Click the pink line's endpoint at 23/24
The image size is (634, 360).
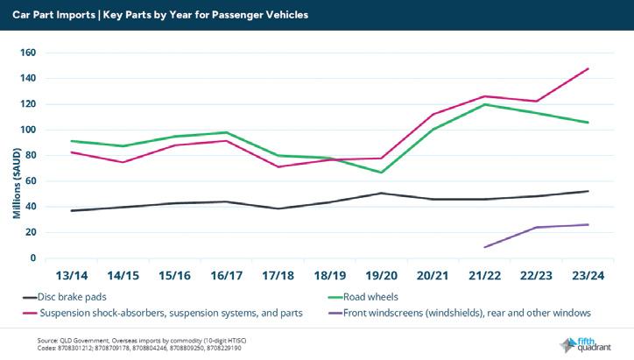[588, 68]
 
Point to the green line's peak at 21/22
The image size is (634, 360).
[485, 104]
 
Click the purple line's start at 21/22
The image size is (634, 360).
[485, 247]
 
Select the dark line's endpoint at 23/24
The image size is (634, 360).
[588, 191]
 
